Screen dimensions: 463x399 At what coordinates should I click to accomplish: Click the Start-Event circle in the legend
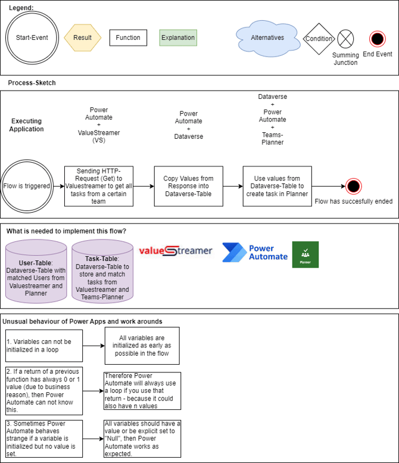32,38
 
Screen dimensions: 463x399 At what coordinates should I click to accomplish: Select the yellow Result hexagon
82,38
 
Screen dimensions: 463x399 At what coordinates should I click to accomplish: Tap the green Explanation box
178,38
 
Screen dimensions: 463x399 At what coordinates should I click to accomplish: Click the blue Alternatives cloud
267,38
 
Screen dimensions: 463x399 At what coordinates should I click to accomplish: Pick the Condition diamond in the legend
319,39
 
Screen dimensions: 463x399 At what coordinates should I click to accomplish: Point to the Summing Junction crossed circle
345,39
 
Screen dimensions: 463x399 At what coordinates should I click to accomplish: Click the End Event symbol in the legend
376,39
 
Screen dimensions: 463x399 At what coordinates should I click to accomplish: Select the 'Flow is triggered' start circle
26,187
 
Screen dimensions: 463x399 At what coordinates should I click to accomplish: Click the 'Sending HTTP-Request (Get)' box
99,186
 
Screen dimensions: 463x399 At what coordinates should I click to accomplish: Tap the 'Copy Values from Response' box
189,186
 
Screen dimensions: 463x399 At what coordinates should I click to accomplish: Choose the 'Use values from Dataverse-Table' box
277,186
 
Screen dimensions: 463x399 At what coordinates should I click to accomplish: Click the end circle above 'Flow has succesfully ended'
353,187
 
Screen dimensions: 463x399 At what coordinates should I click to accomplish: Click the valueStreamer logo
175,251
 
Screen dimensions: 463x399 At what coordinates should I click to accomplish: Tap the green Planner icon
305,254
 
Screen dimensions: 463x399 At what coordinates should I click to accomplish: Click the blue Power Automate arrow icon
234,253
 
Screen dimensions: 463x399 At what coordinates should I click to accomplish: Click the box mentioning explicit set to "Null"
142,439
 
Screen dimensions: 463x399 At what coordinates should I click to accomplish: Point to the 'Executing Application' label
26,125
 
